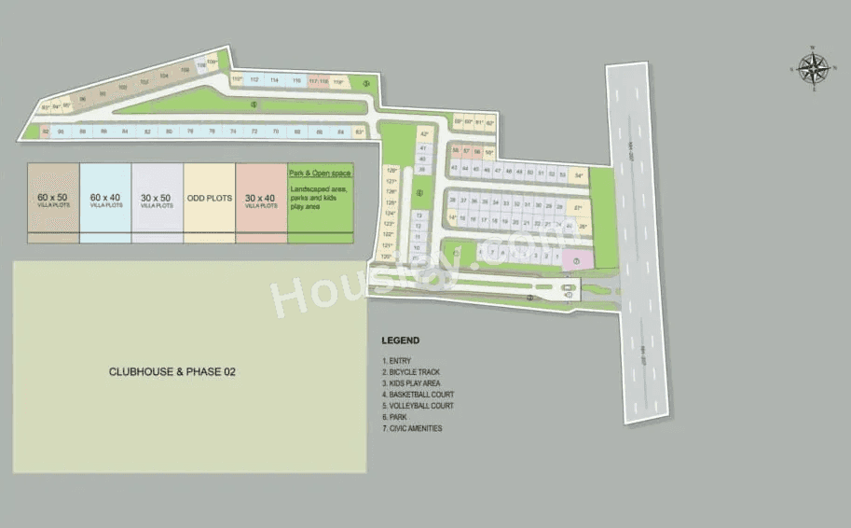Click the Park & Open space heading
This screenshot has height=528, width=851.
coord(320,174)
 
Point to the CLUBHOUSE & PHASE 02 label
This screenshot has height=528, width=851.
coord(172,371)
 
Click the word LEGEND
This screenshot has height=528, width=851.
coord(401,340)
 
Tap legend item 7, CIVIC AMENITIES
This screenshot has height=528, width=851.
coord(412,428)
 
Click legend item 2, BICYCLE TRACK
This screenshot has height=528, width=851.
coord(411,372)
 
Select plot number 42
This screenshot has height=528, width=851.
coord(424,132)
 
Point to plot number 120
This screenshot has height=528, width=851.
coord(387,255)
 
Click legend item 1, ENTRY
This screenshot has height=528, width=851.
coord(396,361)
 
